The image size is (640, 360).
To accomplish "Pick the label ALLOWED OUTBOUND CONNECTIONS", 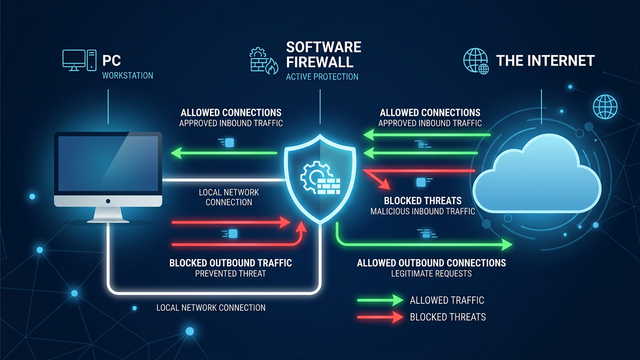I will tap(431, 262).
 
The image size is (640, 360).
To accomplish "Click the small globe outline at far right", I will tap(605, 106).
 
